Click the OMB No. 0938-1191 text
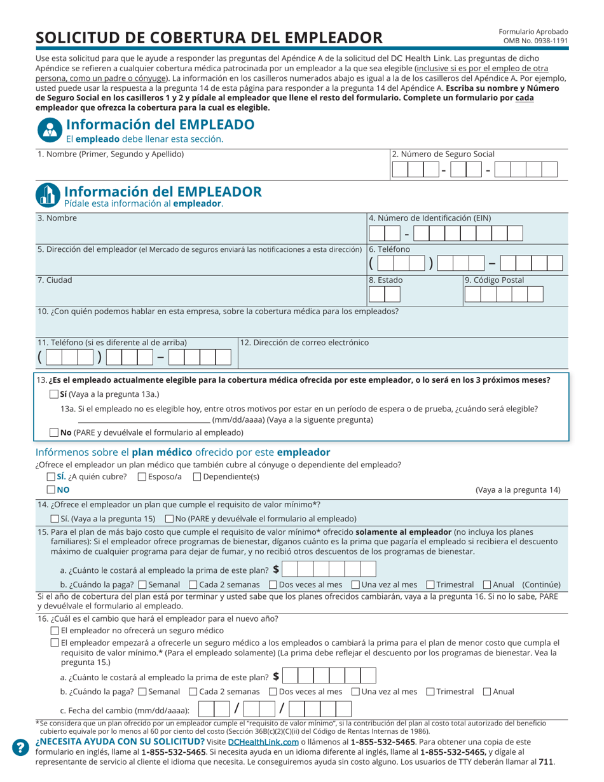click(x=535, y=41)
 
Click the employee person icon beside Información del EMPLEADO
click(x=48, y=130)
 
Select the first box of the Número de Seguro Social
click(x=399, y=170)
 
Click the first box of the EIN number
click(x=376, y=233)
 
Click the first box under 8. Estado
click(x=376, y=294)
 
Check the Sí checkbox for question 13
click(x=54, y=394)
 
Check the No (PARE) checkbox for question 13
click(x=54, y=433)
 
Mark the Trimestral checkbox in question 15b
click(x=430, y=584)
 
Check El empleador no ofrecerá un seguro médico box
click(x=54, y=631)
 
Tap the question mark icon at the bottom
click(x=21, y=748)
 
